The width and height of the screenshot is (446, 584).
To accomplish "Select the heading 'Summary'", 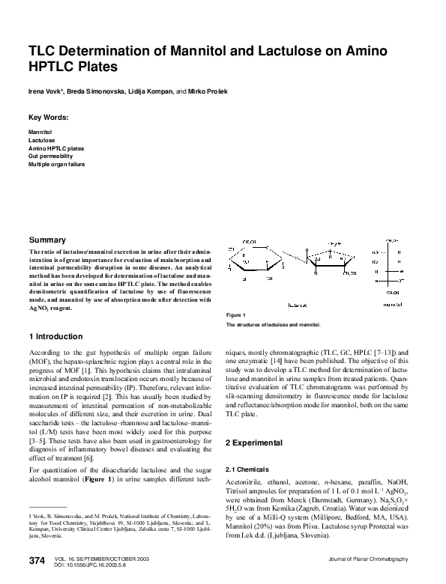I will coord(47,240).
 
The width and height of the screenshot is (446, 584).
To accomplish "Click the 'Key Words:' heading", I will coord(48,118).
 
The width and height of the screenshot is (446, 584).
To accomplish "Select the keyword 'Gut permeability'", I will coord(52,156).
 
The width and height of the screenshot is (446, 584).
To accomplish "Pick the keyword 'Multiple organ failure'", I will coord(57,163).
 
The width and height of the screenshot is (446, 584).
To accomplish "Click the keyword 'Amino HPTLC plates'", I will coord(56,148).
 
